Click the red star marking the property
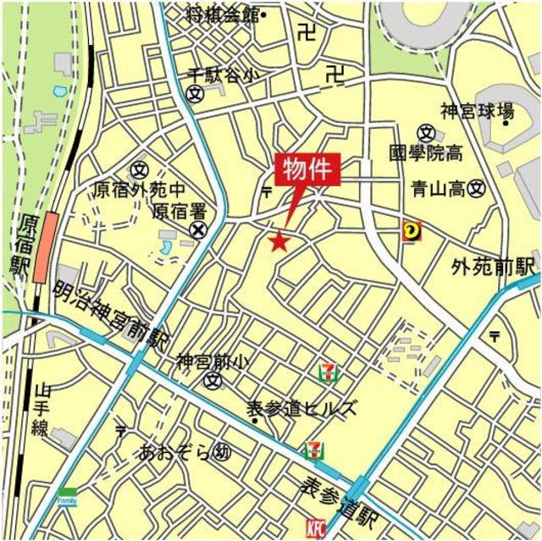point(279,242)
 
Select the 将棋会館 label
point(221,14)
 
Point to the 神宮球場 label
point(477,111)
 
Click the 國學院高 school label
point(425,153)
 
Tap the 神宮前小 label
point(213,362)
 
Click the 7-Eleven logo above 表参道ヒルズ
point(327,371)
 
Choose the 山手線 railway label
point(41,409)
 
